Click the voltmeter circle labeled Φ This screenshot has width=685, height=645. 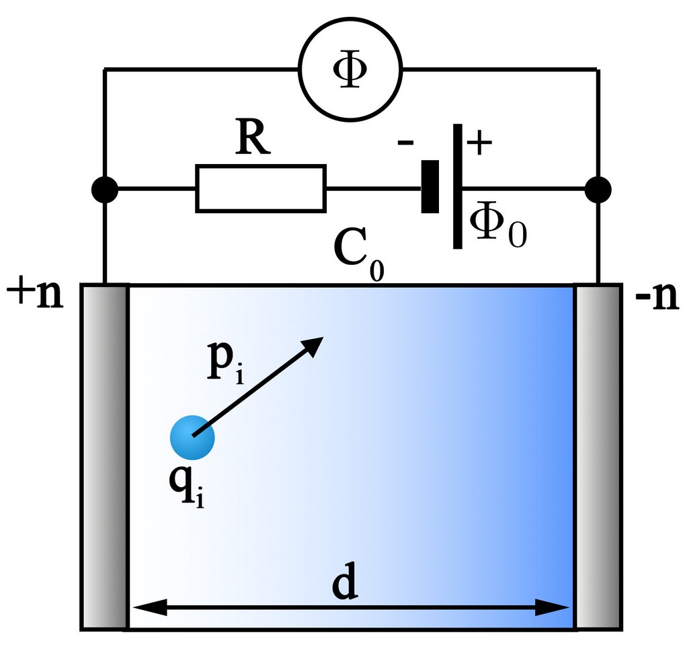[x=350, y=69]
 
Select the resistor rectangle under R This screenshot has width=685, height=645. [x=261, y=189]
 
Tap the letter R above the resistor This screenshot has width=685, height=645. [x=253, y=139]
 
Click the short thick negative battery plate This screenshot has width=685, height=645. [x=430, y=186]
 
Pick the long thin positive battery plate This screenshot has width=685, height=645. [x=457, y=186]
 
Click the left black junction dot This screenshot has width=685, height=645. [x=104, y=190]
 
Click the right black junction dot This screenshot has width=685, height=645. [x=598, y=190]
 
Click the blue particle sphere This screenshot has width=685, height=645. [x=192, y=437]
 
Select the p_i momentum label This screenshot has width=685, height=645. [x=223, y=364]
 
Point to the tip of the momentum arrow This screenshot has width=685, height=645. [x=322, y=338]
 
